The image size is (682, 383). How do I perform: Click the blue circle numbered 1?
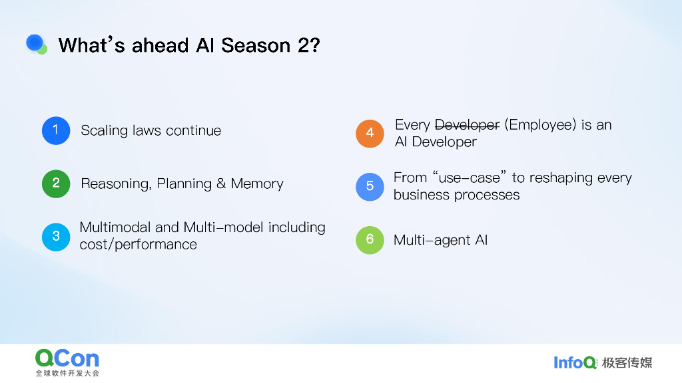pyautogui.click(x=56, y=130)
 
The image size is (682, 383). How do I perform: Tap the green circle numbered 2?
pyautogui.click(x=56, y=184)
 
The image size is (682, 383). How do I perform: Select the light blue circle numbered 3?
pyautogui.click(x=56, y=236)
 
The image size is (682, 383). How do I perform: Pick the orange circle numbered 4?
pyautogui.click(x=370, y=133)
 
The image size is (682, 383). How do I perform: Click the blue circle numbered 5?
pyautogui.click(x=370, y=186)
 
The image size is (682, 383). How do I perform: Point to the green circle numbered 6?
pyautogui.click(x=370, y=240)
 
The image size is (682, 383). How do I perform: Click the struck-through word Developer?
pyautogui.click(x=467, y=125)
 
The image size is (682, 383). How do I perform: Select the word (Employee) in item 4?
pyautogui.click(x=540, y=125)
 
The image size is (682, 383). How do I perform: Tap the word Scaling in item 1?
pyautogui.click(x=104, y=130)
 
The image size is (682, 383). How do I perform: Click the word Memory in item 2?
pyautogui.click(x=257, y=184)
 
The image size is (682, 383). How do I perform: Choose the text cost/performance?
pyautogui.click(x=139, y=245)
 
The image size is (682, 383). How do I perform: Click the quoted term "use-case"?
pyautogui.click(x=470, y=178)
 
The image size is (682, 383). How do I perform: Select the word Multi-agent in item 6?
pyautogui.click(x=432, y=240)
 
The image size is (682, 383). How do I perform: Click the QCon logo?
pyautogui.click(x=67, y=359)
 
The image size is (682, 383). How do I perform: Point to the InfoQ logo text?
pyautogui.click(x=575, y=362)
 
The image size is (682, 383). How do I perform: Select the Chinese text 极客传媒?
pyautogui.click(x=627, y=362)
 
